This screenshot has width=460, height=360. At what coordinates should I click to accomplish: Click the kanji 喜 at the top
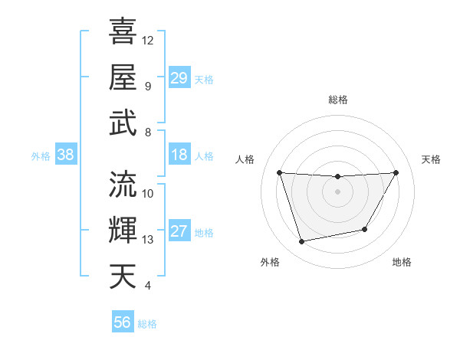click(123, 32)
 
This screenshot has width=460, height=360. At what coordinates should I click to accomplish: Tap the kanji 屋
click(123, 77)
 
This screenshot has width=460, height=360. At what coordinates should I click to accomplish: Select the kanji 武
click(123, 123)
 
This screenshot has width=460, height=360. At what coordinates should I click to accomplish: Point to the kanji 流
click(123, 185)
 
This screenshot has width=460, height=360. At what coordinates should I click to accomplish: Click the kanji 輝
click(123, 231)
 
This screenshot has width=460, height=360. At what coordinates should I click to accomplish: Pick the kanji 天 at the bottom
click(123, 277)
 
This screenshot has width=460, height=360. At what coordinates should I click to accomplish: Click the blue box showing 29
click(179, 78)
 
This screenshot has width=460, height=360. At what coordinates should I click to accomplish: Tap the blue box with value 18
click(179, 155)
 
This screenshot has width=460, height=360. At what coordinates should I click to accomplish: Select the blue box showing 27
click(179, 231)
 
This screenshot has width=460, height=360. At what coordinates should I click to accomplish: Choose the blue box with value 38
click(66, 155)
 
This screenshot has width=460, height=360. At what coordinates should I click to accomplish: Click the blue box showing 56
click(123, 322)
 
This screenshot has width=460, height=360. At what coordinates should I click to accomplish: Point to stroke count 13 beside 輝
click(148, 240)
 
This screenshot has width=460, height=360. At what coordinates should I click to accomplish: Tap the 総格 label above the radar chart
click(337, 100)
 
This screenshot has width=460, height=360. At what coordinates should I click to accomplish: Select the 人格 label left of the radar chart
click(246, 159)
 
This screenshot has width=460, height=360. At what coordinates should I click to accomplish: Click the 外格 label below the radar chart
click(270, 262)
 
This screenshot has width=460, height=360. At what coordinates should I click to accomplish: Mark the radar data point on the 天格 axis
click(396, 172)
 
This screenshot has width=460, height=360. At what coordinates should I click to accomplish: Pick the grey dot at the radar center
click(337, 191)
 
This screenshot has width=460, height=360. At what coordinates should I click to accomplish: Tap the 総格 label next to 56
click(147, 324)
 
